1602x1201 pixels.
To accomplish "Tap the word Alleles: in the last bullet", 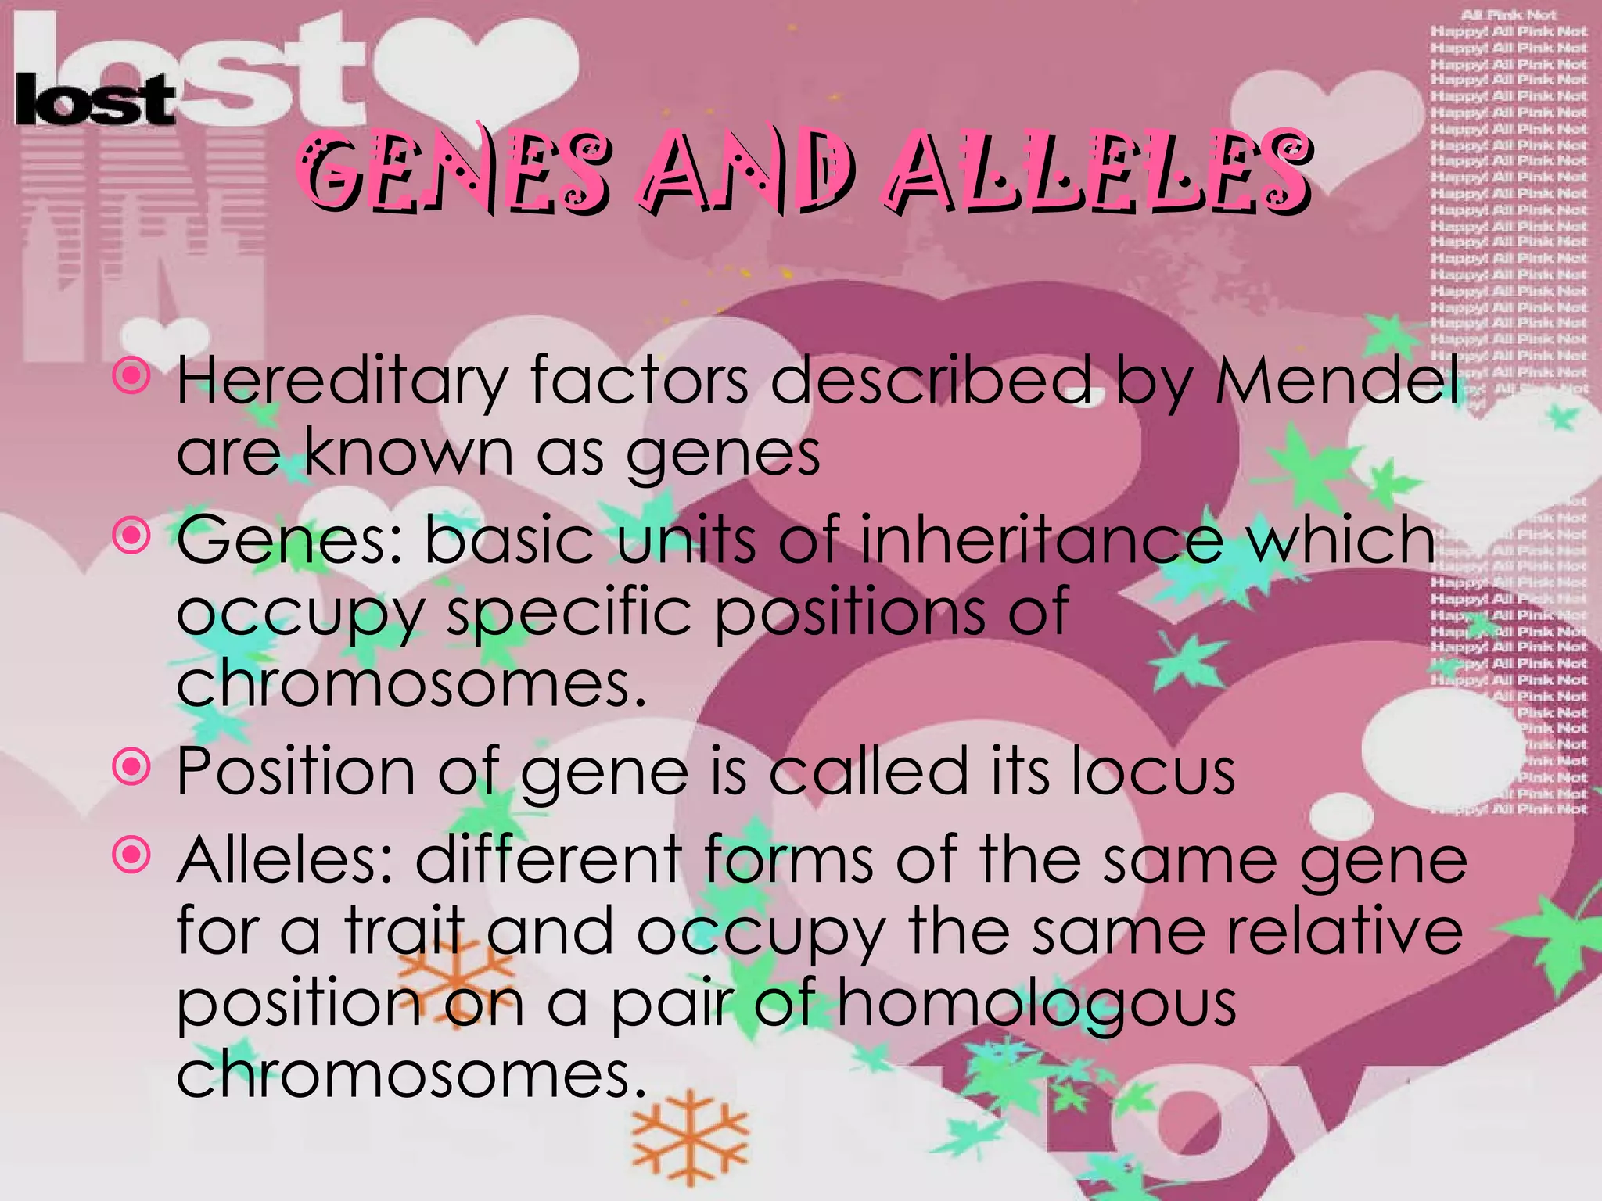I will click(285, 859).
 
